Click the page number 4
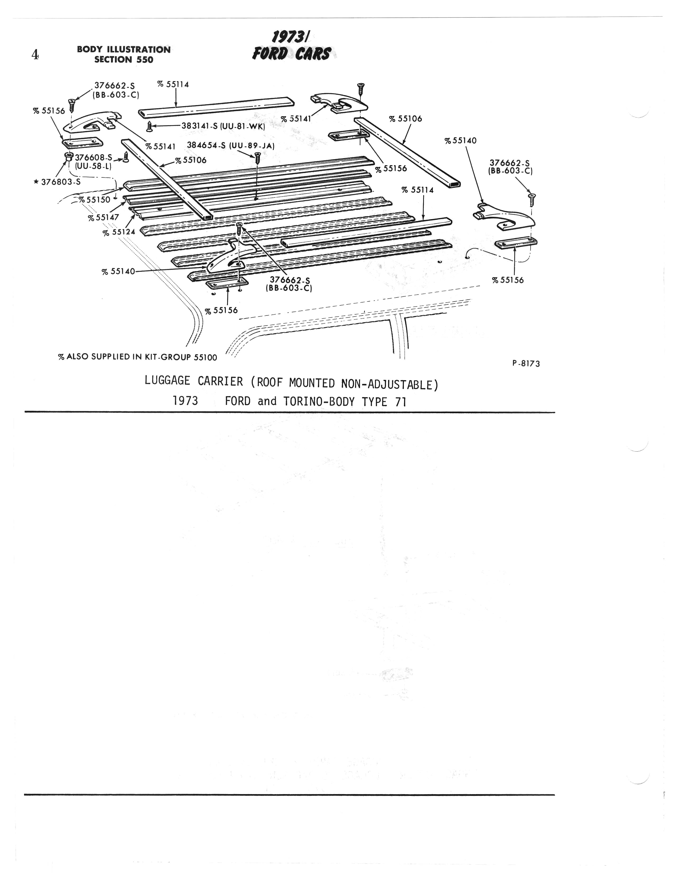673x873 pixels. (x=35, y=54)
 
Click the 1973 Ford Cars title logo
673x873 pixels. (x=292, y=46)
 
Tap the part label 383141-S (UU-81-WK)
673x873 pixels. (x=223, y=125)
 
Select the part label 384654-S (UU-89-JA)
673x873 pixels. (x=231, y=145)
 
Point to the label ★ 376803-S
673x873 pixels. (x=57, y=182)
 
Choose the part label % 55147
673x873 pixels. (x=103, y=218)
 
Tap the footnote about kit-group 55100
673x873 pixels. (x=138, y=357)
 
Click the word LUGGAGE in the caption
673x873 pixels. (x=167, y=381)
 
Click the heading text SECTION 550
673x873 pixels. (x=124, y=60)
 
